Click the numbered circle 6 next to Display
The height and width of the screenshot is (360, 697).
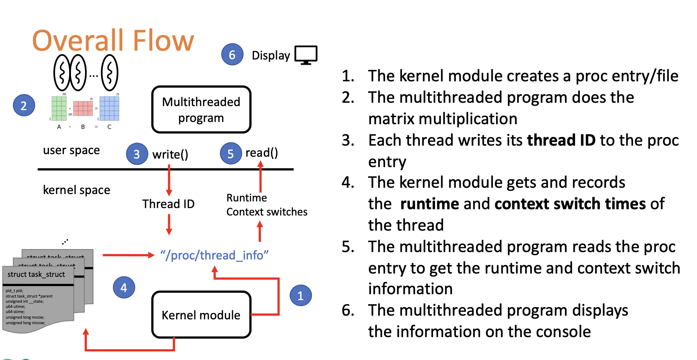pos(232,55)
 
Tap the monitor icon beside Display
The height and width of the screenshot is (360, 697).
pos(306,55)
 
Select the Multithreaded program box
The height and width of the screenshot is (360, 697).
pos(201,109)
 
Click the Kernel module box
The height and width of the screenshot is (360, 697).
pos(201,315)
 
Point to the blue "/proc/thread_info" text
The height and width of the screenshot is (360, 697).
pos(214,255)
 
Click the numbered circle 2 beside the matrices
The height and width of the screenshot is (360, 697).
pos(24,106)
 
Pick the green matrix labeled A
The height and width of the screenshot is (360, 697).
pos(59,108)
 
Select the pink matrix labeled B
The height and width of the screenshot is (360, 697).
pos(83,108)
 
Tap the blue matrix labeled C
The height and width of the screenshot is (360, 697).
pos(109,108)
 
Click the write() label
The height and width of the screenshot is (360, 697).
pos(170,154)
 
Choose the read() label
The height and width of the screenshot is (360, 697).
pos(261,153)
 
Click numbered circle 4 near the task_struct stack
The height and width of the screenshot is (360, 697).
pos(124,287)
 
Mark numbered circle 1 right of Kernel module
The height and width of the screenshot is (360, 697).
pos(300,295)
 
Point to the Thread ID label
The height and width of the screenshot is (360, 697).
pos(168,204)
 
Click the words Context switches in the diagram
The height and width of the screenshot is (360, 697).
pos(266,212)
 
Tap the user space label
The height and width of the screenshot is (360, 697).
pos(71,150)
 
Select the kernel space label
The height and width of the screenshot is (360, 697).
pos(76,190)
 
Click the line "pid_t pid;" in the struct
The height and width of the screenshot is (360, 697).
pos(14,291)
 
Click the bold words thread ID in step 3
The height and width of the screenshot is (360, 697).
pos(561,140)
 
